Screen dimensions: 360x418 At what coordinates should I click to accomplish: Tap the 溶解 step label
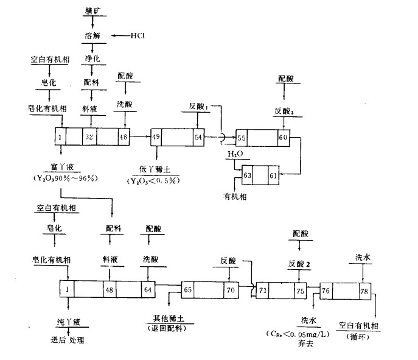(x=91, y=36)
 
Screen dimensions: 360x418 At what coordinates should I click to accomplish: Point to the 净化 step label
(x=92, y=59)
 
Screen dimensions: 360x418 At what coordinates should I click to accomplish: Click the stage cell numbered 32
(x=89, y=136)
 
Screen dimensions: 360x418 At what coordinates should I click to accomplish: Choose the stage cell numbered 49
(x=156, y=136)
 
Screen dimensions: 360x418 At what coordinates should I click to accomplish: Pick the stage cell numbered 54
(x=198, y=136)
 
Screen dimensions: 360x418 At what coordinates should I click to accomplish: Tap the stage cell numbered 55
(x=242, y=138)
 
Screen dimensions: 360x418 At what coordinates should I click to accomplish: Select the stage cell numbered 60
(x=283, y=138)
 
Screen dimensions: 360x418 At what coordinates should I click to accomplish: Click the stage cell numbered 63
(x=248, y=176)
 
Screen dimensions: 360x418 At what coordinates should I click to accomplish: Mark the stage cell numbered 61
(x=273, y=176)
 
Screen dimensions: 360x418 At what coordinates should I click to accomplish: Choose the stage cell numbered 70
(x=229, y=291)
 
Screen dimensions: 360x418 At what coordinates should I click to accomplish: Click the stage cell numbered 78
(x=364, y=291)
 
